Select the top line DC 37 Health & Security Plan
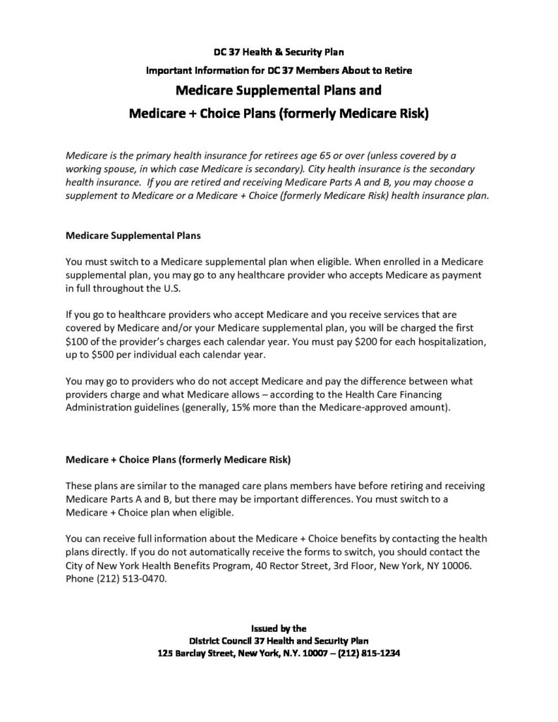pos(279,51)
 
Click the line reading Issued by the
pos(279,626)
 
